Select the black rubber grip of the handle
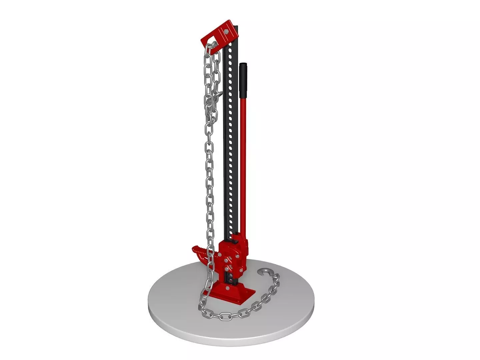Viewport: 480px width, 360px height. pos(243,80)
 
